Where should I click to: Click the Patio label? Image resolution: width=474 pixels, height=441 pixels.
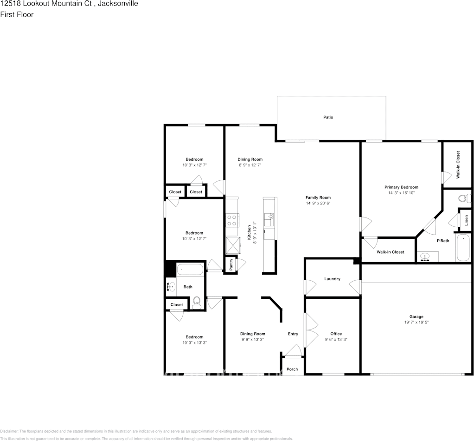click(x=328, y=117)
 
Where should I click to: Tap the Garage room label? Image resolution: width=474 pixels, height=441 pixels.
click(x=416, y=316)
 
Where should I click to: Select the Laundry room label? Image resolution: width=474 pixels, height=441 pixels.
click(x=332, y=279)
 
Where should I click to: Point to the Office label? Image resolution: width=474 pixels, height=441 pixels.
click(x=336, y=334)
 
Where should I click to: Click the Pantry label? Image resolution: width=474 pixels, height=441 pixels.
click(x=231, y=264)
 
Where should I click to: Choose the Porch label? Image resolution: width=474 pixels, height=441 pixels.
click(x=292, y=369)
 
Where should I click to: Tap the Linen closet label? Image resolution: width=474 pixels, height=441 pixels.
click(x=466, y=221)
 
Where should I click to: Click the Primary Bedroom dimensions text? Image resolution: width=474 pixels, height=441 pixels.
click(x=401, y=193)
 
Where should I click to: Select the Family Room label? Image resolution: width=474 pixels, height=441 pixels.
click(x=318, y=197)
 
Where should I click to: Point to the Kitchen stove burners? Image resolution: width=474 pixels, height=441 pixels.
click(x=232, y=220)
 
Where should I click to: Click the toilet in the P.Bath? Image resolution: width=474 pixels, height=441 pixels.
click(x=464, y=199)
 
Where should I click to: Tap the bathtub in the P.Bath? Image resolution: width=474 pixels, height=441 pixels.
click(x=463, y=249)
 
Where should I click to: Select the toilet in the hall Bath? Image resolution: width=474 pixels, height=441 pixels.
click(x=197, y=302)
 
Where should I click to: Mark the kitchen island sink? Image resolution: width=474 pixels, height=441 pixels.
click(x=269, y=217)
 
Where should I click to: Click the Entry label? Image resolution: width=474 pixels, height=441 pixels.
click(x=293, y=334)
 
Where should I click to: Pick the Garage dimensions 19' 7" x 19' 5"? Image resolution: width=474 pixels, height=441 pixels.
click(x=416, y=322)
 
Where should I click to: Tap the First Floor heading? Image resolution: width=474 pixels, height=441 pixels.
click(x=17, y=14)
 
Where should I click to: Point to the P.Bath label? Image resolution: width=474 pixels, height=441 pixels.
click(x=443, y=241)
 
